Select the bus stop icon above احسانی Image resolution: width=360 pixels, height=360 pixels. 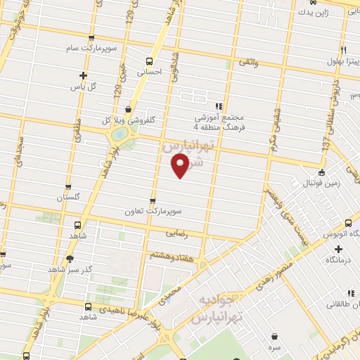tap(148, 60)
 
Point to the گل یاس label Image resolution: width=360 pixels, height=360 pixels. tap(83, 86)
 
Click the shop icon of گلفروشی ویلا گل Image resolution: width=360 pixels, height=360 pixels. tap(128, 110)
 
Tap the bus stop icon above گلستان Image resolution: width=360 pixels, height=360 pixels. tap(68, 187)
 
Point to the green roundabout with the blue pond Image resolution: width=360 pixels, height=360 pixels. tap(120, 133)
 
